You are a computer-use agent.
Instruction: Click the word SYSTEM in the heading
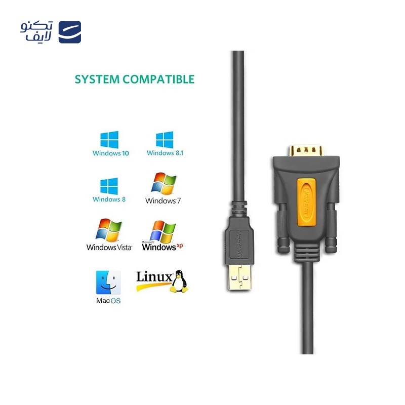(97, 79)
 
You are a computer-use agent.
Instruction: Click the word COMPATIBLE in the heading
(158, 79)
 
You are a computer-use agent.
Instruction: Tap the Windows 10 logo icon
(109, 140)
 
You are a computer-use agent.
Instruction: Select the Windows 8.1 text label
(165, 153)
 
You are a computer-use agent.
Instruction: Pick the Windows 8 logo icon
(109, 186)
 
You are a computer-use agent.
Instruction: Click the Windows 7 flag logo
(164, 183)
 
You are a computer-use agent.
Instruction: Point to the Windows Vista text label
(109, 247)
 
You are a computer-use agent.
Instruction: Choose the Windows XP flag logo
(163, 231)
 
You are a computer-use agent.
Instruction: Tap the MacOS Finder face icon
(108, 282)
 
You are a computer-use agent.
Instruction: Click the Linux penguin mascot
(179, 281)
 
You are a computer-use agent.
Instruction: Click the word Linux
(154, 276)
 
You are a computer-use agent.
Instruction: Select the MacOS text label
(108, 301)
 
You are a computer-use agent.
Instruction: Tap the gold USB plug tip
(239, 277)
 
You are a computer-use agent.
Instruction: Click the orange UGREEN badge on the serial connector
(306, 202)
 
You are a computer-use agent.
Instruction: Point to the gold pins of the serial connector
(306, 150)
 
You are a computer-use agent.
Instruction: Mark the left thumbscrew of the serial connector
(282, 227)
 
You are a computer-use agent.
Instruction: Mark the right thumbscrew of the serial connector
(331, 227)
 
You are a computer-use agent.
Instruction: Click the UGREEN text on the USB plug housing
(238, 245)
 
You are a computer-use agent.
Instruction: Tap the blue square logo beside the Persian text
(70, 32)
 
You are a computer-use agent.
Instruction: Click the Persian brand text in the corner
(36, 31)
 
